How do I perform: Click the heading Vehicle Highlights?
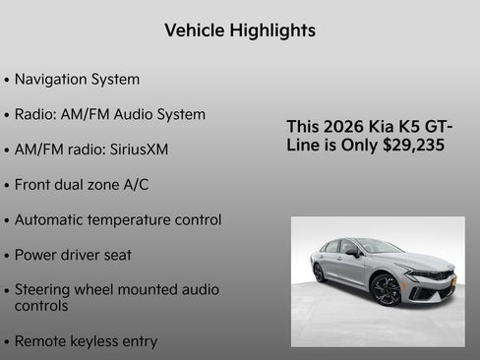click(x=239, y=30)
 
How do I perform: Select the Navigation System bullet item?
click(x=77, y=79)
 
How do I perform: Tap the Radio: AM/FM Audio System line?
click(x=110, y=114)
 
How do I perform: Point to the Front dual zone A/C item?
click(x=82, y=184)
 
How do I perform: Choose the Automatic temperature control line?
click(x=118, y=219)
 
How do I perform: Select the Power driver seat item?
click(x=73, y=255)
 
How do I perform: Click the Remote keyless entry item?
click(x=86, y=341)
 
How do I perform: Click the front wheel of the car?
click(x=386, y=289)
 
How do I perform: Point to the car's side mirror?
click(x=351, y=252)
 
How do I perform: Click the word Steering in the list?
click(x=47, y=289)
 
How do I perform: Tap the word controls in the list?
click(x=41, y=306)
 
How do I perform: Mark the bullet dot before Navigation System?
click(x=8, y=80)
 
